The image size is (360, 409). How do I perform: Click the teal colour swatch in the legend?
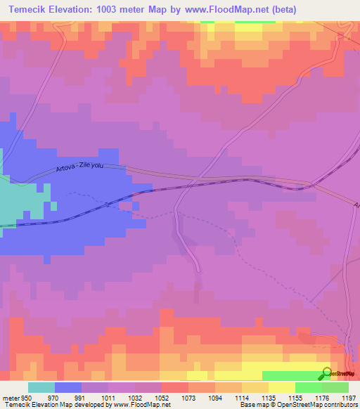pos(41,387)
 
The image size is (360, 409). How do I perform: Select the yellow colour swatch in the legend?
pos(282,387)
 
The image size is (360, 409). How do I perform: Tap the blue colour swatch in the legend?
pos(68,387)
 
